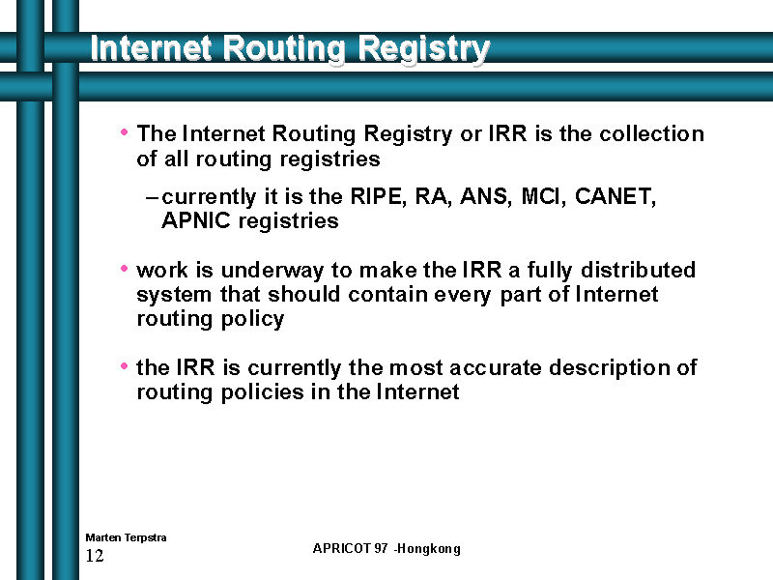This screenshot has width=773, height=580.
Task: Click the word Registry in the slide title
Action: pos(424,50)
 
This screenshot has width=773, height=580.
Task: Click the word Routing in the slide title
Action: pos(284,50)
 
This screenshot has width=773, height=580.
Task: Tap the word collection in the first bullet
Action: pos(651,133)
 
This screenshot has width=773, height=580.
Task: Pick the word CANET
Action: pos(616,196)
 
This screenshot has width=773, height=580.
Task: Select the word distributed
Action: pos(638,270)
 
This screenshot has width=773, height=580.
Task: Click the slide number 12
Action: pos(95,556)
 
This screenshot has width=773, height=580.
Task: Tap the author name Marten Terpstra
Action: pos(126,537)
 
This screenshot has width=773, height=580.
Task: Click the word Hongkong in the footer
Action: pos(429,549)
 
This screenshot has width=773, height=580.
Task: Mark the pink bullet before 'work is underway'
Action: pos(125,269)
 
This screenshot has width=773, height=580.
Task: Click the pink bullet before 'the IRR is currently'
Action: pos(125,366)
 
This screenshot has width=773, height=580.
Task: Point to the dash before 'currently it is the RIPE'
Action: pos(152,198)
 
